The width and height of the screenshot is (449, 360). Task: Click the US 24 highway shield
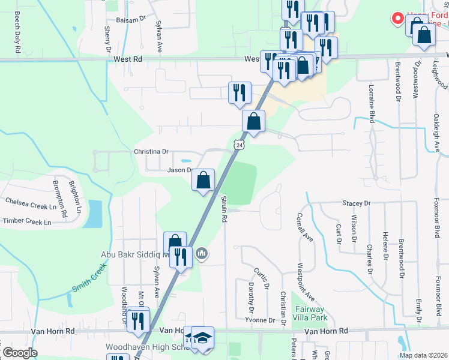(x=239, y=145)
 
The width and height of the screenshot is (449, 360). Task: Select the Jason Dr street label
(x=179, y=170)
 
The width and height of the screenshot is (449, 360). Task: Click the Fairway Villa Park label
(x=311, y=313)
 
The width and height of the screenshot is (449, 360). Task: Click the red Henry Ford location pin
(x=397, y=19)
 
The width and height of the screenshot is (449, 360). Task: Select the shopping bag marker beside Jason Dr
(x=203, y=179)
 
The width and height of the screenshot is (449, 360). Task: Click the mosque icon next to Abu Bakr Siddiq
(x=202, y=254)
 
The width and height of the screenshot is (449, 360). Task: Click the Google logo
(x=20, y=353)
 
